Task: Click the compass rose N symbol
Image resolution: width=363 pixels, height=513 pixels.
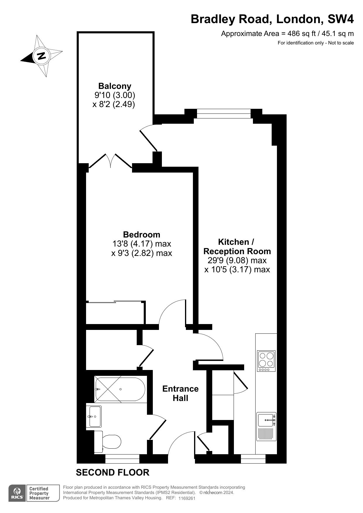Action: [41, 56]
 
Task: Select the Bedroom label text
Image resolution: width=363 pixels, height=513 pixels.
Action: [142, 235]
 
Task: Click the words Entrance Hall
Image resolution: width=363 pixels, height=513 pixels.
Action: [180, 393]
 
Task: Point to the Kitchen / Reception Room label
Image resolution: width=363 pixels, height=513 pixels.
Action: [237, 247]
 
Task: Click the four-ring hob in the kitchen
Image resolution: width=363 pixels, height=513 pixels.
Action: [266, 361]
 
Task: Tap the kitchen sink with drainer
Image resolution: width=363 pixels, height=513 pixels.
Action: [266, 426]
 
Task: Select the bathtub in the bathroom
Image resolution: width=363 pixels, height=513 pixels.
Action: [120, 389]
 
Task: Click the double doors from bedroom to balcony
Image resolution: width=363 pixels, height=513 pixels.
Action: [110, 161]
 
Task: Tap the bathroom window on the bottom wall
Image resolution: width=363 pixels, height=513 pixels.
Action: [122, 461]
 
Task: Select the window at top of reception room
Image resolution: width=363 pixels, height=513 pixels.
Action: [224, 113]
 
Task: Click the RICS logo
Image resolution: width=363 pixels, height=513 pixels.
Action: [17, 493]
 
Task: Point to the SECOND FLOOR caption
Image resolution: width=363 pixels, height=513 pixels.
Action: [113, 472]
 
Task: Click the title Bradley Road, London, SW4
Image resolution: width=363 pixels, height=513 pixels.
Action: [272, 19]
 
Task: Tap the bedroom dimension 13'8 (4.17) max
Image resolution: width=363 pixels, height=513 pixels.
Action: [142, 244]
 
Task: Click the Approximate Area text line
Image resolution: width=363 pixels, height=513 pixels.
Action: [287, 34]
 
